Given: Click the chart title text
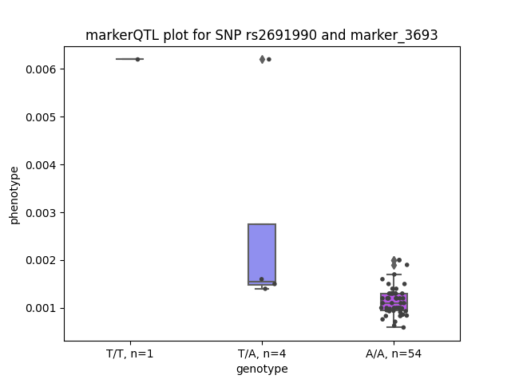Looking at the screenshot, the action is click(x=261, y=35).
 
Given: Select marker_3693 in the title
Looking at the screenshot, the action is click(x=394, y=35).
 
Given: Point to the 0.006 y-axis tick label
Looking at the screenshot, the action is click(x=41, y=69).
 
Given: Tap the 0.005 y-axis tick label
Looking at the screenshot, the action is click(x=41, y=117).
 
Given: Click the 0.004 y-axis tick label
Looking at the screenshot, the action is click(x=41, y=165).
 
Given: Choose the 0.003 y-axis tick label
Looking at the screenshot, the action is click(x=41, y=213).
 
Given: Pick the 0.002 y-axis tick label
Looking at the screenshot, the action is click(x=41, y=261).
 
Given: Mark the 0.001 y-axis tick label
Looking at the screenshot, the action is click(x=41, y=309).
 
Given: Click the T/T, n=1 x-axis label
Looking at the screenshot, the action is click(x=129, y=353).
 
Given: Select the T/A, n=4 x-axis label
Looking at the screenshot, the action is click(x=262, y=353).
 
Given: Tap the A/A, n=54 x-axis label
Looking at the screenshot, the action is click(x=394, y=353).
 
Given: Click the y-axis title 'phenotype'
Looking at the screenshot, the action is click(x=14, y=195).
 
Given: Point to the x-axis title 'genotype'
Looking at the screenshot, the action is click(x=262, y=369).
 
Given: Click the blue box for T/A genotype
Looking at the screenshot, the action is click(x=262, y=255).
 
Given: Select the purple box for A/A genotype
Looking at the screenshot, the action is click(x=394, y=302).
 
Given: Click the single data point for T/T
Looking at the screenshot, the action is click(x=137, y=59).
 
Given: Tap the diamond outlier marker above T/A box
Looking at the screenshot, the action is click(x=263, y=59).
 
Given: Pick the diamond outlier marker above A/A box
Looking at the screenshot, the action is click(x=394, y=263).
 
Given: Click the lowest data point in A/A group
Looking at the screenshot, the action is click(x=403, y=327).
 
